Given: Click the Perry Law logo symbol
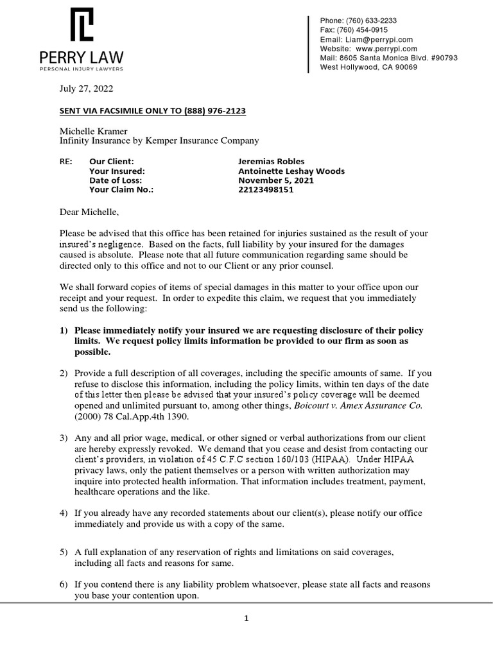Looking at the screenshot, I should point(82,25).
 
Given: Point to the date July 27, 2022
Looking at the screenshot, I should point(86,89).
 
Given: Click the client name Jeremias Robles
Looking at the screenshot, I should point(271,161).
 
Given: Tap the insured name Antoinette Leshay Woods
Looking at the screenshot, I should point(291,171).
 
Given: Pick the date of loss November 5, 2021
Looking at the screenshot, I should point(275,180).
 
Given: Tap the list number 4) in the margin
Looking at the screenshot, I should point(64,513).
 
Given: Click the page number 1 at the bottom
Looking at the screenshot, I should point(246,619).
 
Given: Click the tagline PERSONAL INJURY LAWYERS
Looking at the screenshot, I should point(82,68).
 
